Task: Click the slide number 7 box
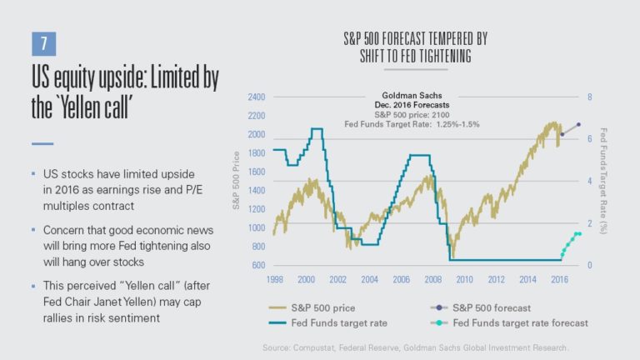coord(42,43)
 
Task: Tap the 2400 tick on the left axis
coord(255,97)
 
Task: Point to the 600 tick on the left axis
coord(257,265)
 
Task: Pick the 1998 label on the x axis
coord(274,279)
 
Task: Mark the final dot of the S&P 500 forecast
coord(578,125)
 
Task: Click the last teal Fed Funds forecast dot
coord(578,234)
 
